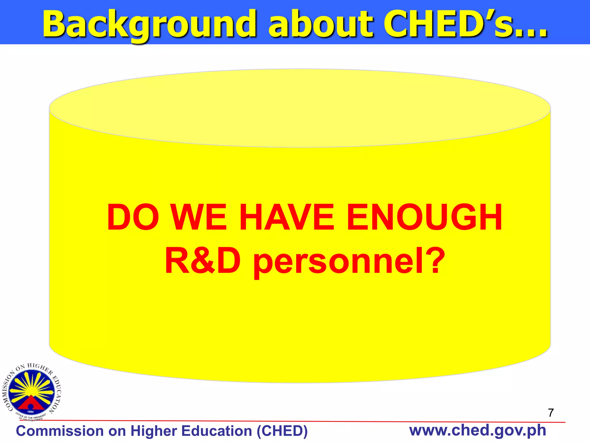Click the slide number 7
[551, 413]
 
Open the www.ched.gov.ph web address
[477, 430]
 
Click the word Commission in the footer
[60, 431]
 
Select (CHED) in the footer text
[282, 431]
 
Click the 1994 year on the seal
[30, 412]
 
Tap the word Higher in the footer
[154, 431]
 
